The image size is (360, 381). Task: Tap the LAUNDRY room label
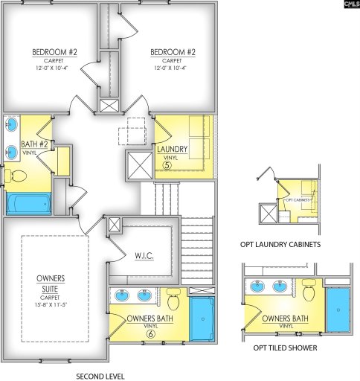172,149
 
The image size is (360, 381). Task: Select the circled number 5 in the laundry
168,165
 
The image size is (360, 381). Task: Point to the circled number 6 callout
151,335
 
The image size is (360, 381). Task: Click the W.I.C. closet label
144,256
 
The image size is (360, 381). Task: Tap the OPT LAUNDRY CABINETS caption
280,244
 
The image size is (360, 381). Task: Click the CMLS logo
350,5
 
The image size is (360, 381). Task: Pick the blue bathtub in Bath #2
28,202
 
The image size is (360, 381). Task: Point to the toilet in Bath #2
19,176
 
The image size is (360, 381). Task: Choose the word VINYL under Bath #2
30,153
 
